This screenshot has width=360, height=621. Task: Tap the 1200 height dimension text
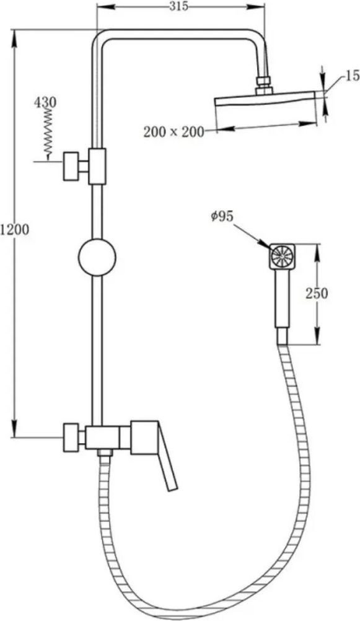click(x=15, y=229)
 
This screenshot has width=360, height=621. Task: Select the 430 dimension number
click(x=45, y=102)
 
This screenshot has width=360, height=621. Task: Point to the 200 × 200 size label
click(x=173, y=131)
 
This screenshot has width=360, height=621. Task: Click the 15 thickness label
click(x=353, y=75)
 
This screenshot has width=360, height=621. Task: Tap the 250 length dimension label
click(x=317, y=294)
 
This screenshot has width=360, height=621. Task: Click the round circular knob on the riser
click(x=97, y=257)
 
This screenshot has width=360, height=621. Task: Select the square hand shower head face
click(x=282, y=257)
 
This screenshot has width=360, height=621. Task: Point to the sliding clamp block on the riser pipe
click(x=97, y=166)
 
